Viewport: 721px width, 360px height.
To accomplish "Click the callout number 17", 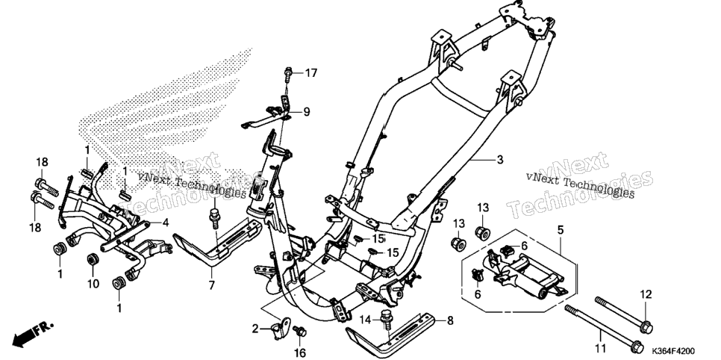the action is point(310,72).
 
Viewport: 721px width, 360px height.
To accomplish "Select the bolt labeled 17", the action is point(288,74).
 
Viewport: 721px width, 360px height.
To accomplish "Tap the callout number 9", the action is point(306,111).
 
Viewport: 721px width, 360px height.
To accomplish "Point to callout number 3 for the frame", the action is point(500,160).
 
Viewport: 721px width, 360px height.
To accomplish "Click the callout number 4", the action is point(165,223).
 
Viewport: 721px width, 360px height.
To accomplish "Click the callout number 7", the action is point(211,285).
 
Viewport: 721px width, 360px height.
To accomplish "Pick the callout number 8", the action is point(450,320).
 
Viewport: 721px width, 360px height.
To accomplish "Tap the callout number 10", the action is point(93,284).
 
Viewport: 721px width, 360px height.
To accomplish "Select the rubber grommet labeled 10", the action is point(93,259).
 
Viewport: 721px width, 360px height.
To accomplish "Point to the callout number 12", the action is point(646,294).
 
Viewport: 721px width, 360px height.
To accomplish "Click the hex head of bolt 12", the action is point(646,328).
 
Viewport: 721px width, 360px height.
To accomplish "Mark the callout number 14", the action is point(365,320).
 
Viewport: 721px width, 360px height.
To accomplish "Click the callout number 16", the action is point(299,353).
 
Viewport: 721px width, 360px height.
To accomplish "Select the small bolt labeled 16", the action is point(300,331).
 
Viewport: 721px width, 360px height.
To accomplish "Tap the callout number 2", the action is point(255,329).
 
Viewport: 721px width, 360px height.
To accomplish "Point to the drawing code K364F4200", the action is point(673,351).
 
